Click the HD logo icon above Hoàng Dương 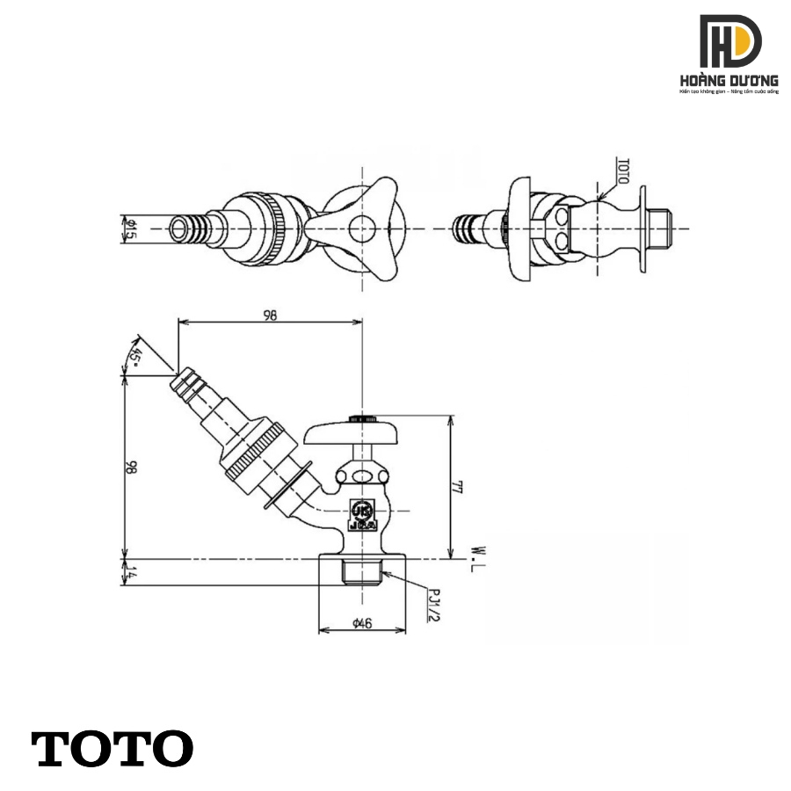pos(729,42)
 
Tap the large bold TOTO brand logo pos(112,748)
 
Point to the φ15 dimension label pos(129,230)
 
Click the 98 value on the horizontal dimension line pos(269,316)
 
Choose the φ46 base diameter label pos(361,623)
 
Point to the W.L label pos(475,556)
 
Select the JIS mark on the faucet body pos(361,513)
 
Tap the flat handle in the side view pos(362,432)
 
